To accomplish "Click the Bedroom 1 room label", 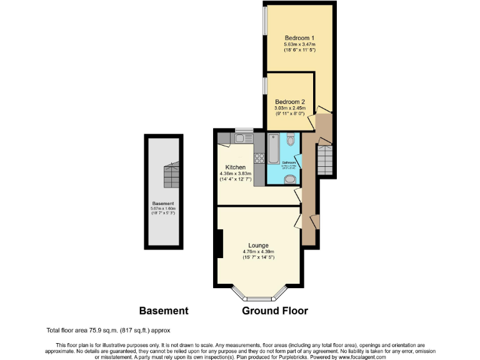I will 299,37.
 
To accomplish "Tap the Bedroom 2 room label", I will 290,102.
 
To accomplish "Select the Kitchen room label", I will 234,167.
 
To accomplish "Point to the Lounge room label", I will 258,246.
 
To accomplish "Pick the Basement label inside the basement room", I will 163,203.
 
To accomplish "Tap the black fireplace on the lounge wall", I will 219,244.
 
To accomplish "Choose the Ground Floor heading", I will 275,311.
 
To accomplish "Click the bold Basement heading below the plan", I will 163,311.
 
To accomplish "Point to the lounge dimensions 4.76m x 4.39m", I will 258,252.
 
